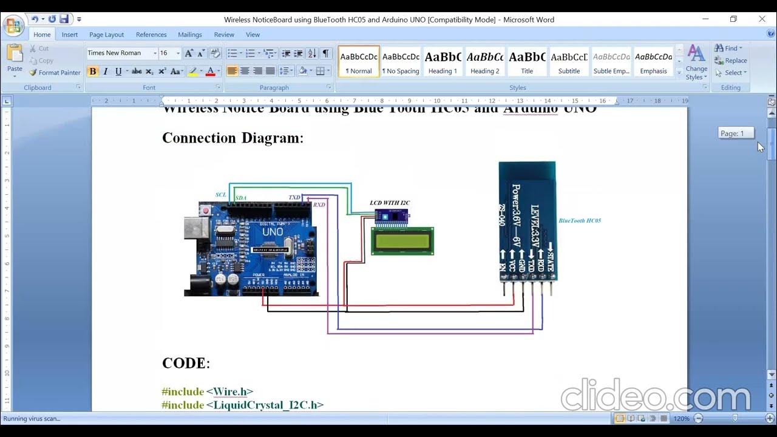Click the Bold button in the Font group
tap(92, 72)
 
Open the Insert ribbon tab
tap(70, 35)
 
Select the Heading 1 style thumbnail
tap(443, 62)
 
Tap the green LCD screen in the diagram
tap(402, 240)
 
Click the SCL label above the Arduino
tap(221, 195)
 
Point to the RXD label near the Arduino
tap(319, 205)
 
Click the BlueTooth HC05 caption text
tap(580, 221)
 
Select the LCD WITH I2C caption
tap(390, 203)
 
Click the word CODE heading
tap(184, 364)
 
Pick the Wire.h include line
tap(208, 392)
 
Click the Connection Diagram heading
tap(232, 138)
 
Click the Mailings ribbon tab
tap(190, 35)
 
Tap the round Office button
tap(13, 26)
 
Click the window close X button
tap(762, 19)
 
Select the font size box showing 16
tap(166, 53)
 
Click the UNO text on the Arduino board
tap(273, 232)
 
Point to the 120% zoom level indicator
tap(681, 419)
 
